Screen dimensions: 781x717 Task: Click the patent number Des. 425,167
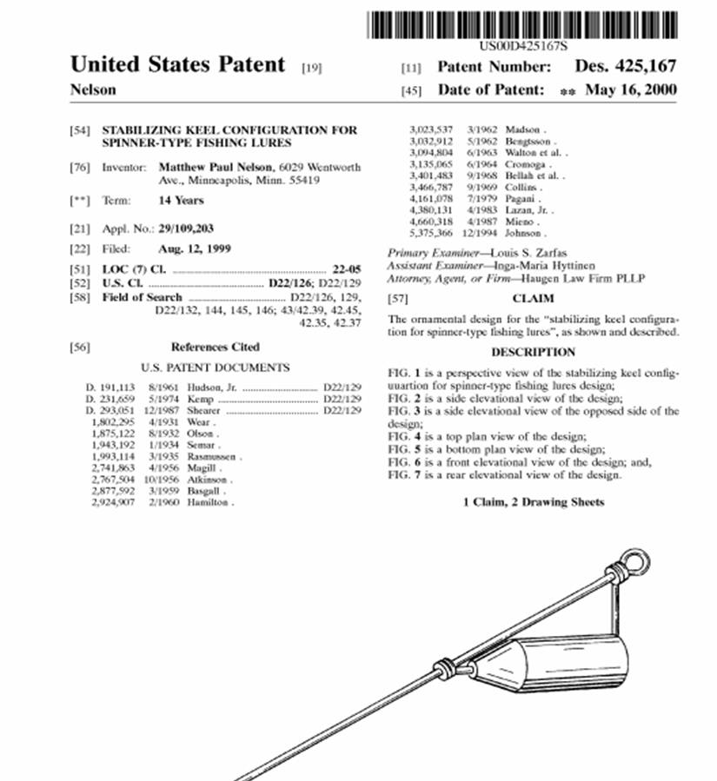[x=625, y=66]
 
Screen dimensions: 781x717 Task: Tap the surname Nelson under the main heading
[x=93, y=90]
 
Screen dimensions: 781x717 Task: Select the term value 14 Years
[x=181, y=201]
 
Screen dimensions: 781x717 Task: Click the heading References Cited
[x=215, y=347]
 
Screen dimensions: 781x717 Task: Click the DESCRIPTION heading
[x=533, y=352]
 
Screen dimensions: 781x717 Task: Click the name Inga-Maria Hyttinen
[x=542, y=265]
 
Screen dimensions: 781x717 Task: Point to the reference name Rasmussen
[x=214, y=456]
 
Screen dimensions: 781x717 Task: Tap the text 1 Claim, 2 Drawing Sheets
[x=533, y=502]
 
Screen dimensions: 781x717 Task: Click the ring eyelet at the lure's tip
[x=634, y=562]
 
